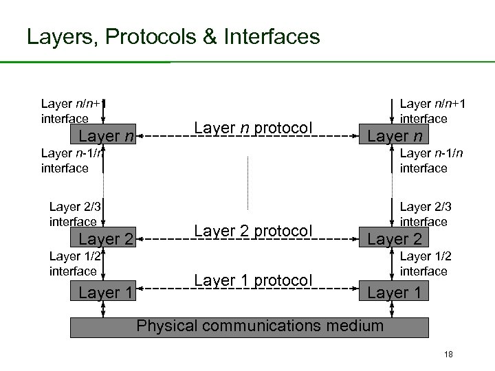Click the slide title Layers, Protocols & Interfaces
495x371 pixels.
173,36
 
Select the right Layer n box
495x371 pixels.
395,136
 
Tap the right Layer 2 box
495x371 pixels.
395,240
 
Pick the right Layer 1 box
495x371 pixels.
395,293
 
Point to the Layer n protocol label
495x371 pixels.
253,128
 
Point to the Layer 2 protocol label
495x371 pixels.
253,231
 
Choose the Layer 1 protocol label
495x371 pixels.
253,280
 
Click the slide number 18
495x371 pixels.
448,355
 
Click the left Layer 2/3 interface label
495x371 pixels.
74,214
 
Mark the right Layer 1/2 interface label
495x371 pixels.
424,264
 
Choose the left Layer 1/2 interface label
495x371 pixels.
74,264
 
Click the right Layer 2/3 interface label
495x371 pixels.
424,214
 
